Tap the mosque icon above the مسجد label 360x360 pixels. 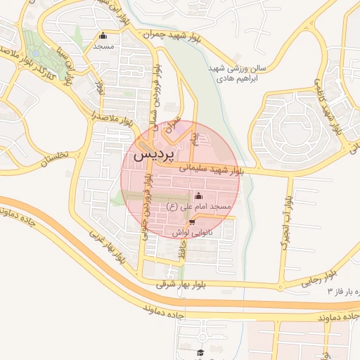tap(104, 36)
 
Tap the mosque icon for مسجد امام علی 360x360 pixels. tap(198, 195)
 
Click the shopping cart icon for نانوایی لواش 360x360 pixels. tap(192, 223)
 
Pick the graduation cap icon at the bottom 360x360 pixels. tap(200, 352)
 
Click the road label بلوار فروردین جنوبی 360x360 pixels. tap(147, 208)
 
